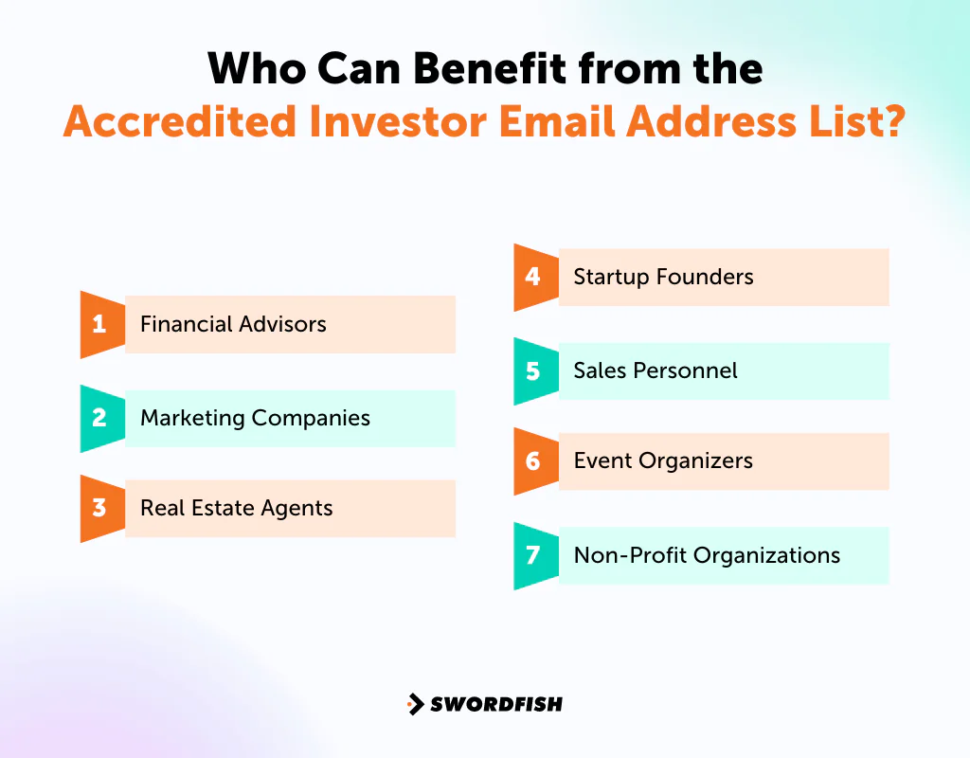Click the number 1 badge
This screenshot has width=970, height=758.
coord(99,324)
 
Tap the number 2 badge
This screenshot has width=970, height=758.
coord(99,418)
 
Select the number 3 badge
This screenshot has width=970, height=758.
coord(99,508)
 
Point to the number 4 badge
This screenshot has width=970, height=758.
coord(533,277)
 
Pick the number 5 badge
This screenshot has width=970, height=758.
coord(533,370)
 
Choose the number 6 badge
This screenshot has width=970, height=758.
coord(533,461)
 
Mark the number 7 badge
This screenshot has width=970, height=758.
coord(533,555)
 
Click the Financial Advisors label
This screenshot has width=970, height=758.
coord(233,324)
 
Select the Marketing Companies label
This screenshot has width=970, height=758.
coord(255,418)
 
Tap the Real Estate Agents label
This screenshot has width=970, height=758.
coord(237,508)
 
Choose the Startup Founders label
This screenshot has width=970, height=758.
coord(663,277)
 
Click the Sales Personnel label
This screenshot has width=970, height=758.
coord(656,370)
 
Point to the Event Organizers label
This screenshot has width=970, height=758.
coord(663,461)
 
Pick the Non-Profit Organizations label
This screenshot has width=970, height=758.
coord(707,555)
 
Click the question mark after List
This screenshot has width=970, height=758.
coord(892,121)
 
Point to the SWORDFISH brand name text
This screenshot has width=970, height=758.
coord(496,704)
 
